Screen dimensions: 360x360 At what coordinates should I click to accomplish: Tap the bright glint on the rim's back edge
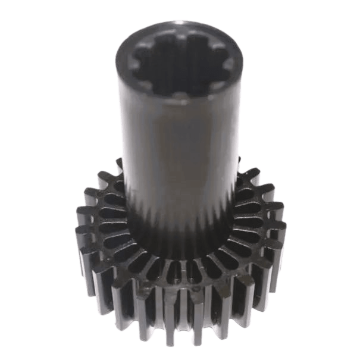click(x=181, y=24)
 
